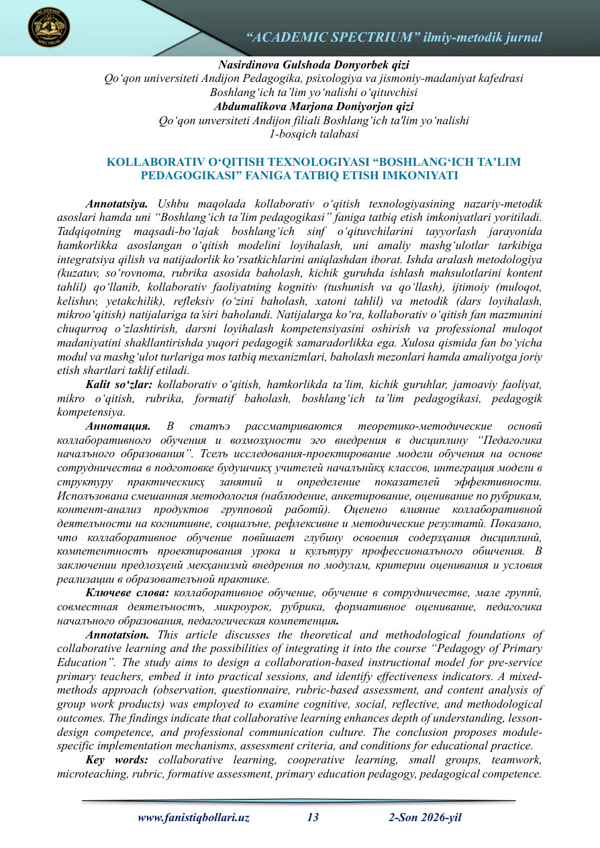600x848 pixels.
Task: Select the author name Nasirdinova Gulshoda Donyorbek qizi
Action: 313,66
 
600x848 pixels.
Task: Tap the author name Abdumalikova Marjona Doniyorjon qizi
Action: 313,106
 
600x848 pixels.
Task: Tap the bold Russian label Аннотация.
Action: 118,426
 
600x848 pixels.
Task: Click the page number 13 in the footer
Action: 313,818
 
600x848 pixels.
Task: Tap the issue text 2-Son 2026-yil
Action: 425,818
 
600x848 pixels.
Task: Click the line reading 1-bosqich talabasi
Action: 313,134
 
